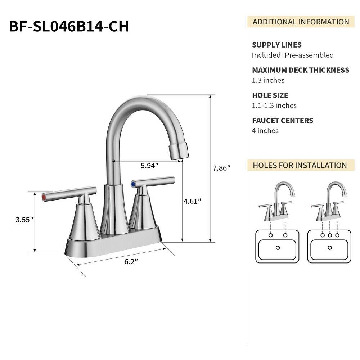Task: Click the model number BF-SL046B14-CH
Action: tap(69, 26)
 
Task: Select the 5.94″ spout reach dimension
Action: tap(149, 166)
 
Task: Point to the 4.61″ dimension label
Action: tap(192, 201)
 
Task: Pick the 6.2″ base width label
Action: tap(131, 262)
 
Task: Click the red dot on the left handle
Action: tap(44, 197)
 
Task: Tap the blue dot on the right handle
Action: tap(134, 184)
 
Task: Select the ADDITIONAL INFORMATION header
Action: tap(301, 22)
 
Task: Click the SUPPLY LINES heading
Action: tap(276, 45)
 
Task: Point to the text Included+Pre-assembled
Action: tap(292, 55)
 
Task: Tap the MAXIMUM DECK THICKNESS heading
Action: tap(300, 70)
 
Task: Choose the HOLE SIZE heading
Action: tap(270, 95)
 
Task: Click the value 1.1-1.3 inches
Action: tap(274, 105)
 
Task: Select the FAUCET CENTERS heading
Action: tap(283, 121)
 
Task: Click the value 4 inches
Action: tap(265, 131)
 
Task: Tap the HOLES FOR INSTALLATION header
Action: tap(300, 165)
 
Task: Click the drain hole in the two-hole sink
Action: tap(278, 248)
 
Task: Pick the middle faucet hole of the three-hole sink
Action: tap(330, 235)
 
